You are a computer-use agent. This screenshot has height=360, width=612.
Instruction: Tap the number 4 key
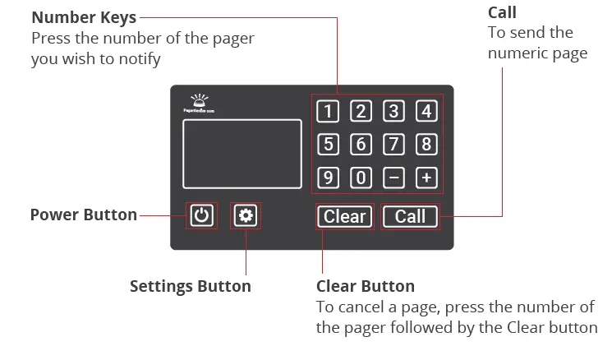[x=426, y=112]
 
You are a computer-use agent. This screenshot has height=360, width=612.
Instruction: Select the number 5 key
[x=327, y=145]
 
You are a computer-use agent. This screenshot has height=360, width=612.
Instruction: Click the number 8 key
[x=426, y=145]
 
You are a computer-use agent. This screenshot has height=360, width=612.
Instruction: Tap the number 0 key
[x=360, y=178]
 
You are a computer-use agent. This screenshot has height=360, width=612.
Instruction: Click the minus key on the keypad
[x=393, y=178]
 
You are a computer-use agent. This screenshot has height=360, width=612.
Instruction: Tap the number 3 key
[x=393, y=112]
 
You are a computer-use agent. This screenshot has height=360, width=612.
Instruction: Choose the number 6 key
[x=360, y=145]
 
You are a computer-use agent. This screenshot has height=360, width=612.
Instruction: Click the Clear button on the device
[x=345, y=216]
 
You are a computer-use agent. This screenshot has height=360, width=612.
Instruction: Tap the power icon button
[x=202, y=216]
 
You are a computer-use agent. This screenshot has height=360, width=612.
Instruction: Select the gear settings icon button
[x=246, y=216]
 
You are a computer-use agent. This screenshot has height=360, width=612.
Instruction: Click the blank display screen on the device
[x=242, y=154]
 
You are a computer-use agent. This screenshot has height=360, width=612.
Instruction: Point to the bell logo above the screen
[x=200, y=98]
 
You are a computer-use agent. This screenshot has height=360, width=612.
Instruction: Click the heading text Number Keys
[x=84, y=17]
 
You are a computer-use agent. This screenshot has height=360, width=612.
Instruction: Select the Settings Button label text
[x=191, y=286]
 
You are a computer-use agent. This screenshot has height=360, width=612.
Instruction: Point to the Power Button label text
[x=83, y=215]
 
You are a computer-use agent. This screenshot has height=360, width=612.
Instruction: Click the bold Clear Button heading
[x=365, y=286]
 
